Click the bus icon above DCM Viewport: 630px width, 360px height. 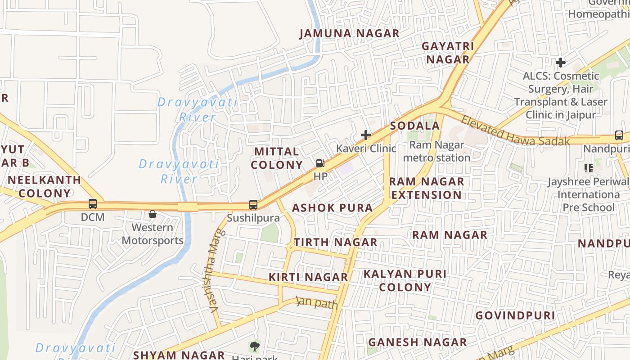[x=93, y=204]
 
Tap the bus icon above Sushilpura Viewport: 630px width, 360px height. [x=253, y=205]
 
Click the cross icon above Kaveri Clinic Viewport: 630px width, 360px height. [x=366, y=135]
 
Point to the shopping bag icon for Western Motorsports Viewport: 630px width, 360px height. [x=153, y=214]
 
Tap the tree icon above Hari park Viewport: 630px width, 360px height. [x=254, y=346]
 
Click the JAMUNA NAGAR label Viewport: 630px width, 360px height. [x=349, y=33]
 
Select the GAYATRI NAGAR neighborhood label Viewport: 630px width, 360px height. [x=448, y=53]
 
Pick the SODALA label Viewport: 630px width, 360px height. [x=414, y=126]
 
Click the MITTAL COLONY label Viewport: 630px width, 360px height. [x=277, y=158]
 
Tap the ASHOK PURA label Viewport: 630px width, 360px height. [x=333, y=208]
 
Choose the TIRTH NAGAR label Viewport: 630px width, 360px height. [x=336, y=242]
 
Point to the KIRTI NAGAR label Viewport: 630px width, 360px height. [x=308, y=277]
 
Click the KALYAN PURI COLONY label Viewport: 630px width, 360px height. [x=405, y=280]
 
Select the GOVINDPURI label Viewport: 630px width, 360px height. [x=515, y=315]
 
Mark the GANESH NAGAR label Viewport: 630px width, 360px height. [x=417, y=342]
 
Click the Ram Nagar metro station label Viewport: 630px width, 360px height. [x=436, y=151]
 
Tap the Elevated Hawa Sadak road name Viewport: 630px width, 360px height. [x=515, y=131]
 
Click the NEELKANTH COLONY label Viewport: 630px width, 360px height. [x=44, y=186]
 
